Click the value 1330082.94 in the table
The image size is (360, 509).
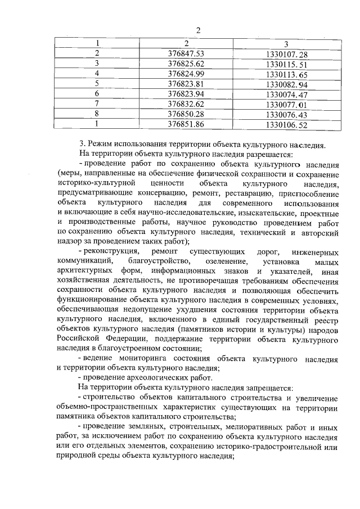287,84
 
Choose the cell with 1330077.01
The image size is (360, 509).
287,103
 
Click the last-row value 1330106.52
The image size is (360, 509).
287,124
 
